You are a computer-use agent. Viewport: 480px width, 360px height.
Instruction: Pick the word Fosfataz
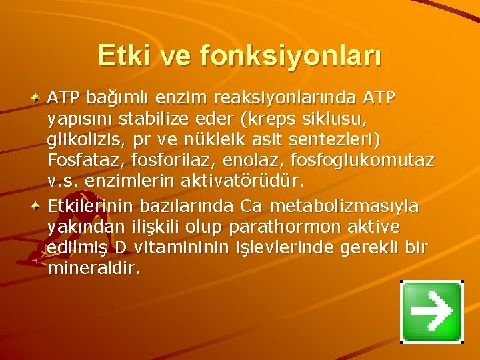80,161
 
